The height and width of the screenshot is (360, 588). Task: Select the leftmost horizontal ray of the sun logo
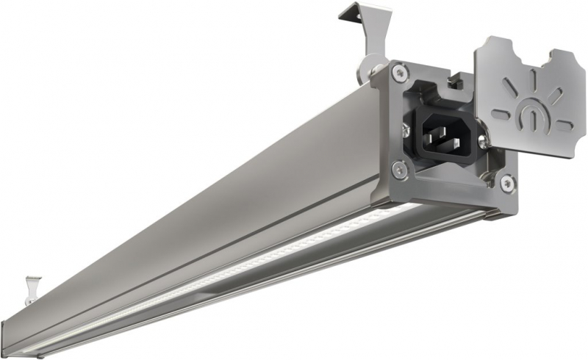[x=501, y=114]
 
